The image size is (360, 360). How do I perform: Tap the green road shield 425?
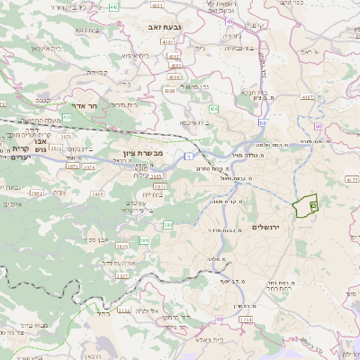click(67, 117)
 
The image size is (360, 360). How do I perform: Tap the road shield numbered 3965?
click(97, 193)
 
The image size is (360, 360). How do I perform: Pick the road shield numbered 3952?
click(37, 193)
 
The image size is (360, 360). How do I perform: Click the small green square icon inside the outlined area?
click(312, 206)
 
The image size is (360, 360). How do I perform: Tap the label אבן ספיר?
click(94, 240)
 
